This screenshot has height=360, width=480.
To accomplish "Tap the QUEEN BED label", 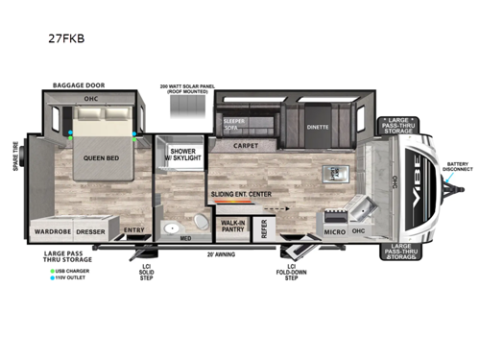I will coord(99,158).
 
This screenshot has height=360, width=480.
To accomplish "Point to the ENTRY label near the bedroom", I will coord(132,231).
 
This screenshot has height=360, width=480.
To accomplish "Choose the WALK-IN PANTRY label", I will coord(233,227).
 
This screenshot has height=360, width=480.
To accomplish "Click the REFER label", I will coord(263,228).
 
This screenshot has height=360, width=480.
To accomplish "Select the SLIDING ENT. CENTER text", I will coord(248,193).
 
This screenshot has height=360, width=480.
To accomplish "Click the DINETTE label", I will coord(318,127).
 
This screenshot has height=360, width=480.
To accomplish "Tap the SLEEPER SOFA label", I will coord(234,125).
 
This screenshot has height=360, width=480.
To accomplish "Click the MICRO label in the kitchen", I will coord(334,231).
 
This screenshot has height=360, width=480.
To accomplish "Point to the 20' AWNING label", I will coord(221,254).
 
